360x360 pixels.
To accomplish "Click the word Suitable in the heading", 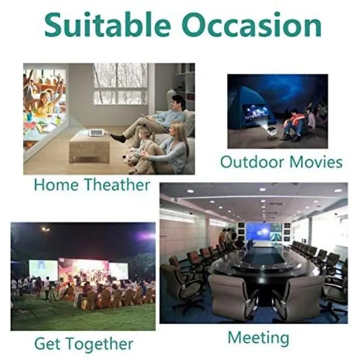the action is [x=108, y=24].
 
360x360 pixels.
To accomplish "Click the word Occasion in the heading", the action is [x=252, y=25].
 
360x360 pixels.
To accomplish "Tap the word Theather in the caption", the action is [x=117, y=184].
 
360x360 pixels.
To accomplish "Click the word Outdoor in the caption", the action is [x=252, y=162].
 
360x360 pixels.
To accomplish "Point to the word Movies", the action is [x=316, y=162].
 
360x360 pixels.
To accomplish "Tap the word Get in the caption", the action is [x=48, y=344].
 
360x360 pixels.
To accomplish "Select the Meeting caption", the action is [x=258, y=338].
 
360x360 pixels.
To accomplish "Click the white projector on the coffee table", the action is [x=96, y=132].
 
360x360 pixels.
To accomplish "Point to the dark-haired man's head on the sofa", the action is [x=178, y=103].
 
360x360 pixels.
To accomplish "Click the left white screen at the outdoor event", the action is [x=43, y=270].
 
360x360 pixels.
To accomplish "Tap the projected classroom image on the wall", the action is [x=45, y=108].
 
